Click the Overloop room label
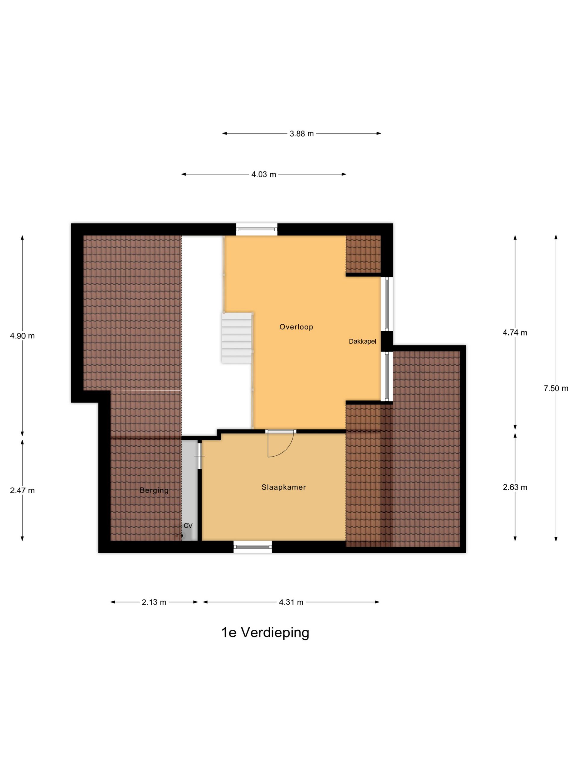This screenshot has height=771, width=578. (296, 327)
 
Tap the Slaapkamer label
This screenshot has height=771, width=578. (284, 487)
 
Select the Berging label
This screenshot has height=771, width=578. (154, 490)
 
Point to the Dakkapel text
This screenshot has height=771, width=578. (362, 342)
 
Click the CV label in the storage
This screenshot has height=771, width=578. (188, 526)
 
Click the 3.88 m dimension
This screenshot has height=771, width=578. (302, 133)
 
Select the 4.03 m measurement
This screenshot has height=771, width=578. (264, 174)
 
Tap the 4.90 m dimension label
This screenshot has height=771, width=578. (22, 336)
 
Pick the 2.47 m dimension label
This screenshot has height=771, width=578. (22, 490)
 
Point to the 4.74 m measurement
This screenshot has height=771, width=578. (515, 333)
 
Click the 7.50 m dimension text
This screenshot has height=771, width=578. (556, 388)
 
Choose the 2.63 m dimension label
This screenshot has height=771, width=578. (515, 487)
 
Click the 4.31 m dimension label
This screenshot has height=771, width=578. (291, 602)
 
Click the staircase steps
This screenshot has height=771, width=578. (237, 337)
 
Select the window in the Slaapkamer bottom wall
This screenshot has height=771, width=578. (253, 547)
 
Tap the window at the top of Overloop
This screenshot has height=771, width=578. (257, 229)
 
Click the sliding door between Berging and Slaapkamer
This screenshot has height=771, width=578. (200, 455)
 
